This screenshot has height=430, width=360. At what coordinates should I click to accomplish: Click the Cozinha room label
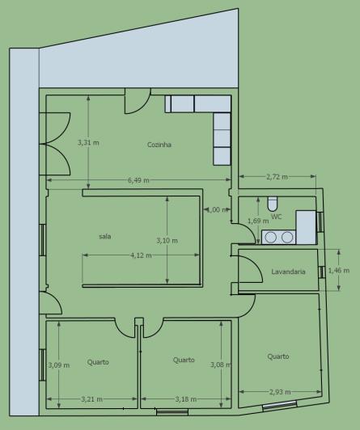pyautogui.click(x=159, y=145)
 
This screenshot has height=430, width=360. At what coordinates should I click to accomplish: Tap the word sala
pyautogui.click(x=105, y=236)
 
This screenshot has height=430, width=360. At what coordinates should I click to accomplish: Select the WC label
pyautogui.click(x=277, y=217)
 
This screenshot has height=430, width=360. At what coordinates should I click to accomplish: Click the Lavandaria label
pyautogui.click(x=288, y=272)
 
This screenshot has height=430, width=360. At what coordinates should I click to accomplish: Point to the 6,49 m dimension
pyautogui.click(x=138, y=180)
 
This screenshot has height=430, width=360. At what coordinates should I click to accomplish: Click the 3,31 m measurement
pyautogui.click(x=88, y=143)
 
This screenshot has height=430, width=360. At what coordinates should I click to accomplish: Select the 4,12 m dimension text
pyautogui.click(x=142, y=255)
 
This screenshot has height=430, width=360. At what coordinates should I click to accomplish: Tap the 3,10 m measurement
pyautogui.click(x=167, y=240)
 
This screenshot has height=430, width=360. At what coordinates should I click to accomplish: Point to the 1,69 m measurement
pyautogui.click(x=258, y=220)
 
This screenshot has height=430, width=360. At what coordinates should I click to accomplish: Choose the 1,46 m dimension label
pyautogui.click(x=339, y=271)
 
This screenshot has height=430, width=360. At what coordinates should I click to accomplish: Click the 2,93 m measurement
pyautogui.click(x=281, y=392)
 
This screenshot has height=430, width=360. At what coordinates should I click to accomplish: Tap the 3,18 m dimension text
pyautogui.click(x=187, y=398)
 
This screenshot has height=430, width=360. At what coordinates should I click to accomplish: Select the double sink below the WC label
pyautogui.click(x=278, y=237)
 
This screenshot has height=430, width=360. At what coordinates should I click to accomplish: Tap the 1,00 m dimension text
pyautogui.click(x=215, y=209)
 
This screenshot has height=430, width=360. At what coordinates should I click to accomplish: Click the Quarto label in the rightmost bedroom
pyautogui.click(x=278, y=356)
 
